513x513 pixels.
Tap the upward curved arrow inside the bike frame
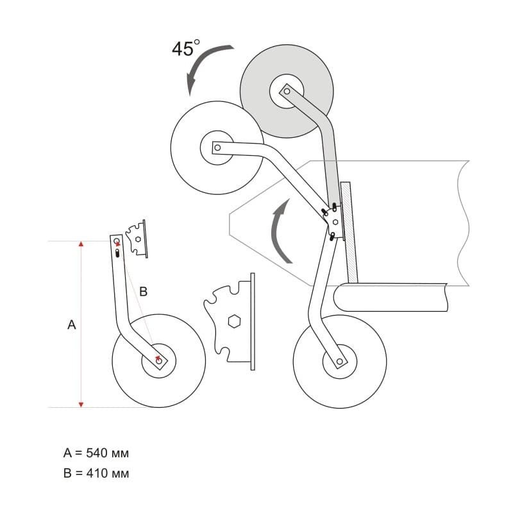(x=278, y=229)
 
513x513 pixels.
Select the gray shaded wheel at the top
(x=287, y=91)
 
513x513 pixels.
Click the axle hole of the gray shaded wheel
(x=287, y=91)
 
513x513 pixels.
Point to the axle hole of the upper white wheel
(x=217, y=147)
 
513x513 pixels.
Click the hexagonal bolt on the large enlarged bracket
(x=234, y=321)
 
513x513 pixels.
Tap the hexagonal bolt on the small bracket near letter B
(x=138, y=239)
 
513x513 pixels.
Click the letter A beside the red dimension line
(x=72, y=325)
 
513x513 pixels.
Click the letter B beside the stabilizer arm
(x=143, y=291)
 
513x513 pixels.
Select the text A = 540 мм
(x=96, y=453)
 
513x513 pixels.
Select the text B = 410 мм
(x=96, y=473)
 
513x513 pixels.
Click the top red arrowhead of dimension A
(x=81, y=244)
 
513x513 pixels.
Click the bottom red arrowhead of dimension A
(x=81, y=405)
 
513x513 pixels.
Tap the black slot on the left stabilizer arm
(x=117, y=253)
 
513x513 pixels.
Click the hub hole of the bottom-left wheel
(x=159, y=361)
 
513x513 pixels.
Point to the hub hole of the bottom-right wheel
(x=340, y=362)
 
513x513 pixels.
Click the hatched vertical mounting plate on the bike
(x=349, y=232)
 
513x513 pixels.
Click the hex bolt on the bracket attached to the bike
(x=335, y=222)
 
